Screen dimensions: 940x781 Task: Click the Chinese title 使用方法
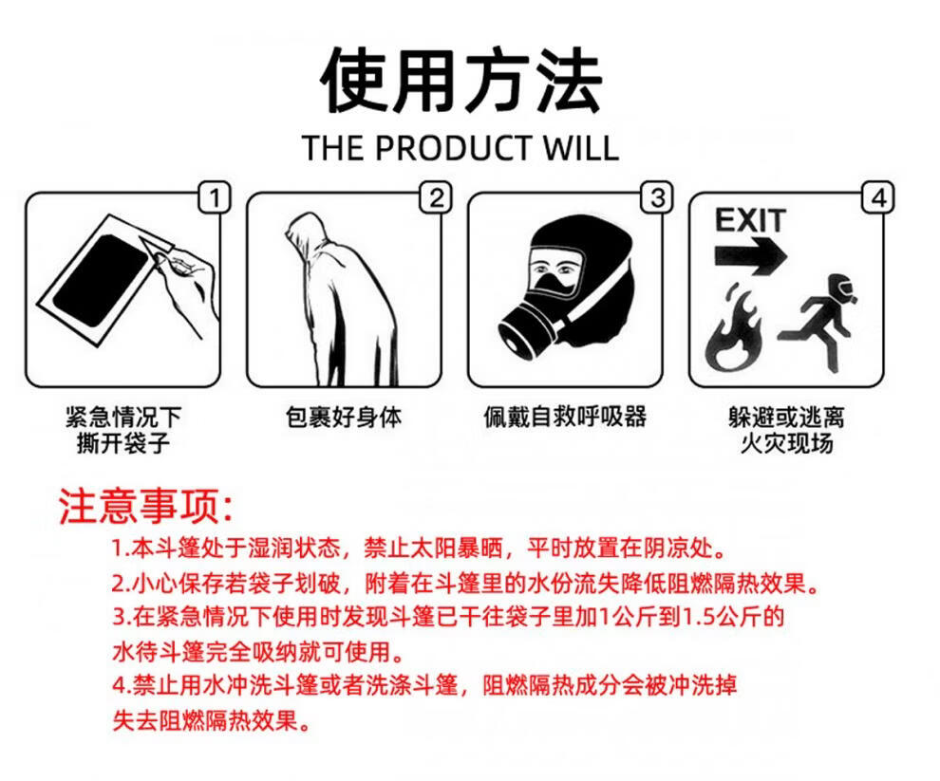[x=461, y=80]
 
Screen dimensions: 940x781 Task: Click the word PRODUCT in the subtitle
[x=453, y=147]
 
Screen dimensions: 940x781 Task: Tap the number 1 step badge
[x=214, y=197]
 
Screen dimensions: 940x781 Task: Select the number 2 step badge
[x=436, y=197]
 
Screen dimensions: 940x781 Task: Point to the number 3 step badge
[x=657, y=197]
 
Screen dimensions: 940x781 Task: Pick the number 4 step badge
[x=878, y=197]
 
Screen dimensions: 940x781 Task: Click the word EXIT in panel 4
[x=750, y=220]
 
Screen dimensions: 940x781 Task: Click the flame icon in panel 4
[x=733, y=327]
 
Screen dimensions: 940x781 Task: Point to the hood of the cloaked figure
[x=306, y=231]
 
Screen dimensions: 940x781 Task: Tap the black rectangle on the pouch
[x=100, y=281]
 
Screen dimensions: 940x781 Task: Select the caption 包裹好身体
[x=344, y=418]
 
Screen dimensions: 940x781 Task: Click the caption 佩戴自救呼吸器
[x=565, y=418]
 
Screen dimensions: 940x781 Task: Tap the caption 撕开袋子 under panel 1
[x=122, y=443]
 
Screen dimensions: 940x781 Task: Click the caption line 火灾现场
[x=786, y=443]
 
